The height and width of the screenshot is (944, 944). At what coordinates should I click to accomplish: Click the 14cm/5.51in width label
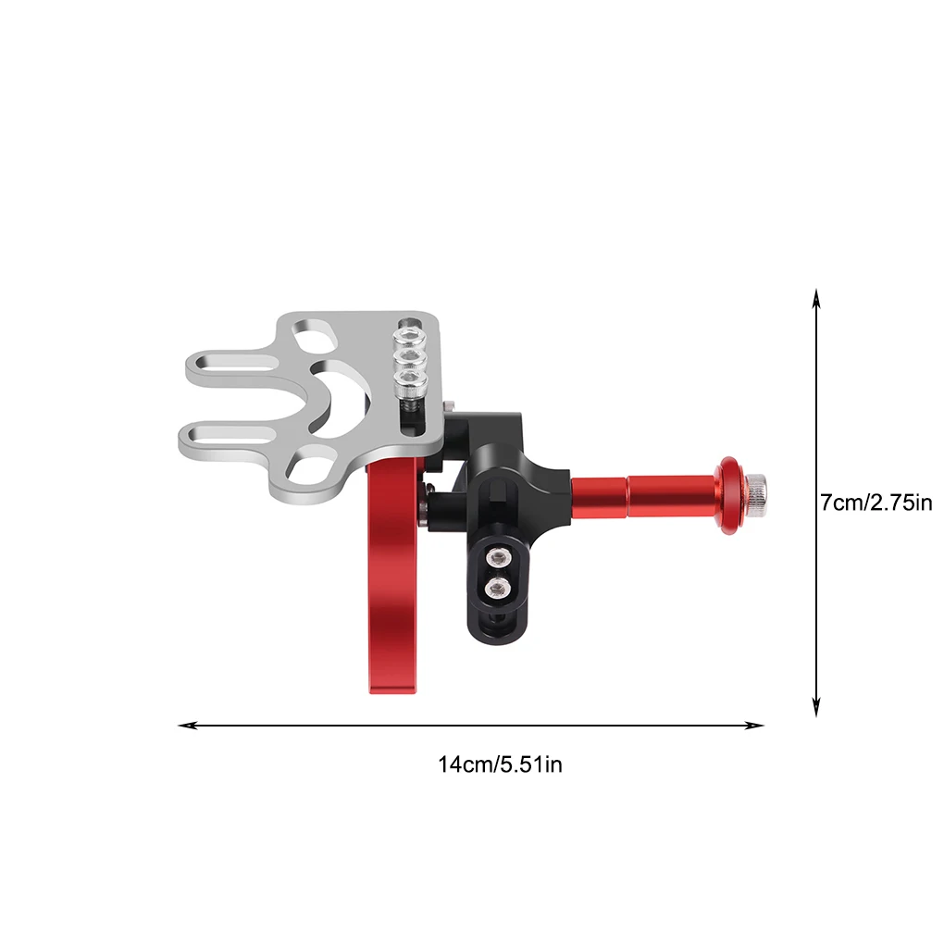[500, 764]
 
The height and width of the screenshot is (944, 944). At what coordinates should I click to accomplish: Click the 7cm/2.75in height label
[876, 503]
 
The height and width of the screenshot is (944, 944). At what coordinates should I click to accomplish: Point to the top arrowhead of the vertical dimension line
[816, 298]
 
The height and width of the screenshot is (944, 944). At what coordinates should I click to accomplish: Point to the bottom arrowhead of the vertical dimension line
[816, 707]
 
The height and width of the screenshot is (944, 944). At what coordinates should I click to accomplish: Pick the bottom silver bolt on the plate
[411, 380]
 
